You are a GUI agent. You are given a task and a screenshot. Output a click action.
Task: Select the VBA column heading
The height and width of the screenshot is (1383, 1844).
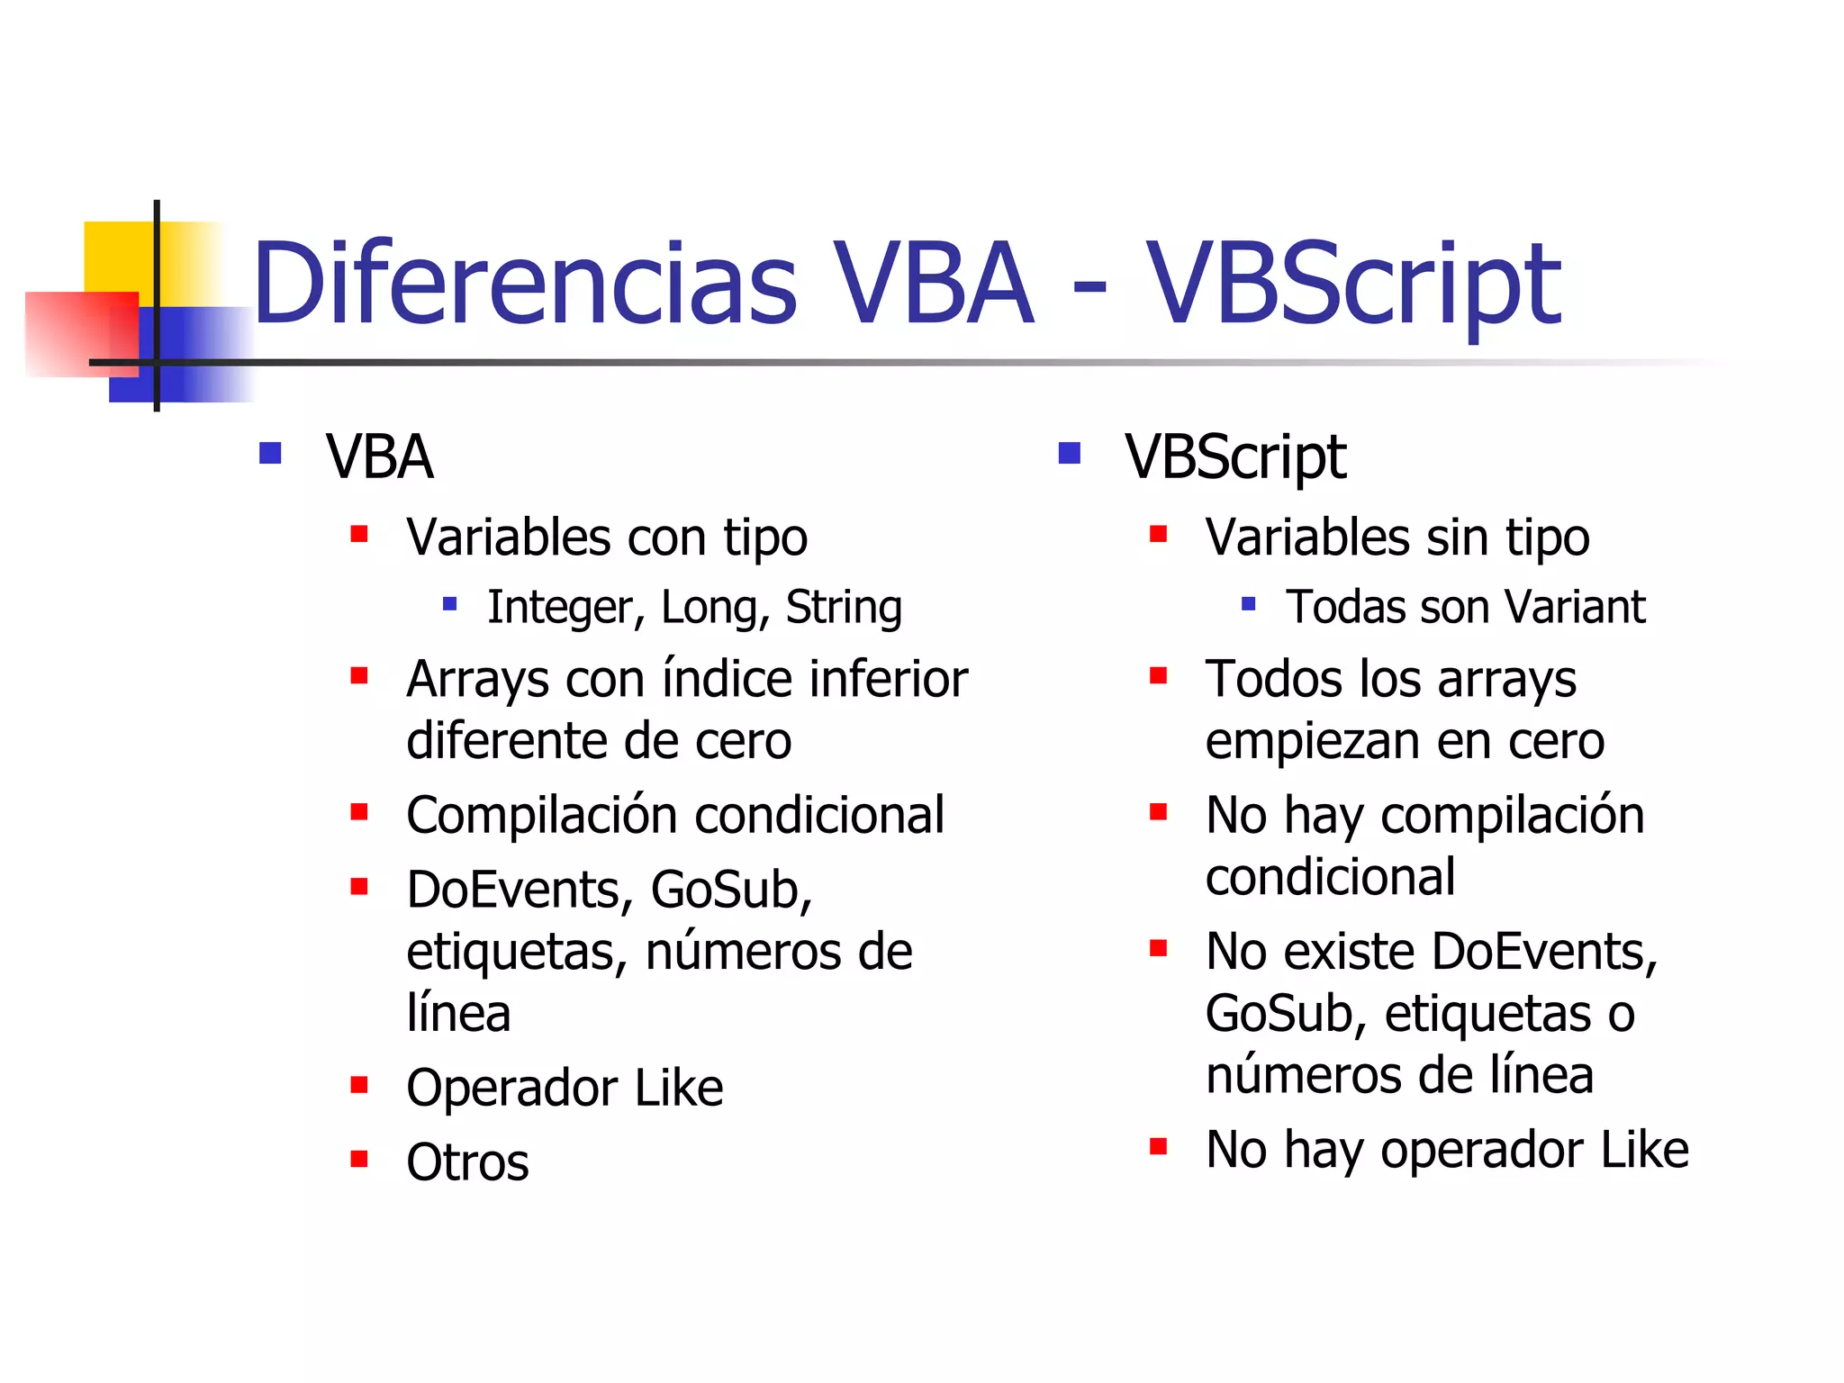[x=379, y=456]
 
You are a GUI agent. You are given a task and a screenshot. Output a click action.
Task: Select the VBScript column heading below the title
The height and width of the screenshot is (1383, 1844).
[x=1235, y=458]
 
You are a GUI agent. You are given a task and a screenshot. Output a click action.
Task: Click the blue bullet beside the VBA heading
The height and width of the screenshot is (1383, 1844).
[x=270, y=452]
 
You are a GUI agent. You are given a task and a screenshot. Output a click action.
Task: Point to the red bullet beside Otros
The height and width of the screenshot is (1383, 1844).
[x=359, y=1158]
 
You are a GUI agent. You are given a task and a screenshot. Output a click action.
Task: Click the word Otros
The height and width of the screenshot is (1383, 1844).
[x=467, y=1162]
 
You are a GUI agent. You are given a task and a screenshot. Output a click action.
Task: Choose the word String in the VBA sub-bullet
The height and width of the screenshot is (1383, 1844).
[x=844, y=607]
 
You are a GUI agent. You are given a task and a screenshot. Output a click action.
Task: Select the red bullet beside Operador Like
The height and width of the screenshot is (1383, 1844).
[x=359, y=1084]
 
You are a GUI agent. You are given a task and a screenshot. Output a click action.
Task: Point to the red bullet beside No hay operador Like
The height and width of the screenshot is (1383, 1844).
[x=1159, y=1146]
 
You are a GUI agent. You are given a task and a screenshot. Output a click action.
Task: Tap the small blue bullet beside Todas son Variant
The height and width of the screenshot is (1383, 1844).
[x=1248, y=604]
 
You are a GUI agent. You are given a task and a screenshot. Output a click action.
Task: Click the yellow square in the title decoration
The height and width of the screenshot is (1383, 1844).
[x=117, y=257]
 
